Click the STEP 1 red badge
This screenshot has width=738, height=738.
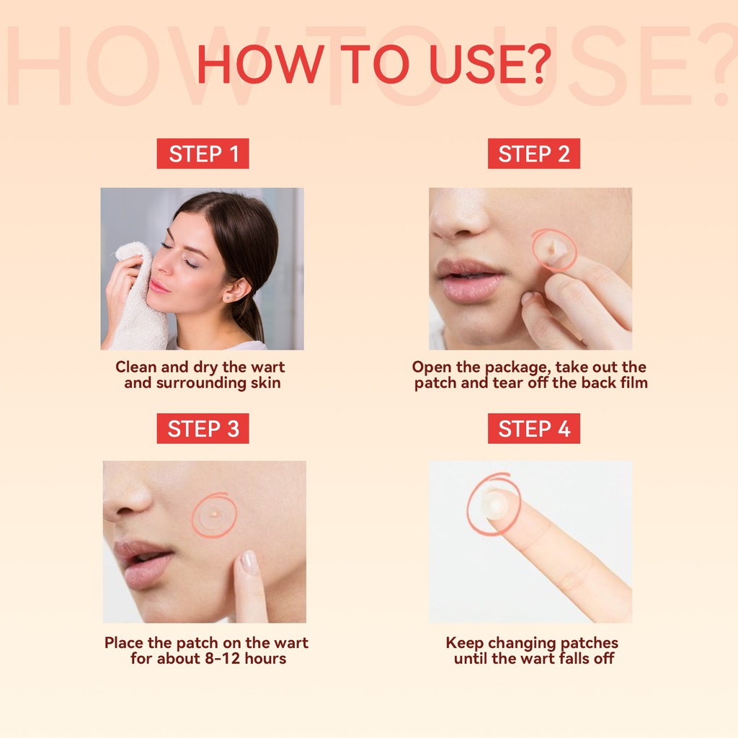pos(203,154)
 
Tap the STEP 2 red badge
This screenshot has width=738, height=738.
pos(534,154)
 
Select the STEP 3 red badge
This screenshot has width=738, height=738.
pos(203,428)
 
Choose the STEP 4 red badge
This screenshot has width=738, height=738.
pos(534,428)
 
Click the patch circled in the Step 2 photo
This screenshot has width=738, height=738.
pos(555,249)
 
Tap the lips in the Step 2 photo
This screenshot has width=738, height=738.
pos(468,280)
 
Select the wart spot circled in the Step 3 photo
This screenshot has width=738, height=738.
pos(215,514)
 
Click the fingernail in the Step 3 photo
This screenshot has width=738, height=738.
pos(248,562)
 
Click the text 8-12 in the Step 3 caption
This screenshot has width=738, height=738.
pos(223,658)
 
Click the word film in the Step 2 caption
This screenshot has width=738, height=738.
pos(634,382)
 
